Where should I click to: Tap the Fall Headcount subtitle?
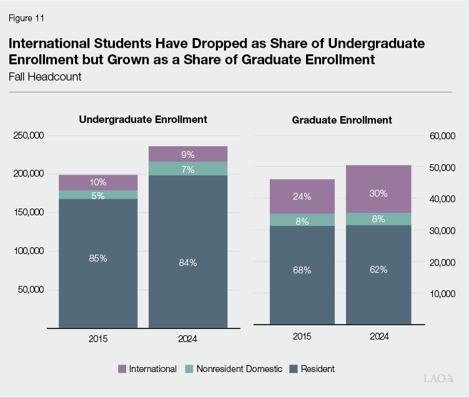[45, 77]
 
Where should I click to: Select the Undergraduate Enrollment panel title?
[143, 119]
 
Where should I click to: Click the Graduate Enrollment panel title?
[342, 120]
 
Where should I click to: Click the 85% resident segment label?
[98, 258]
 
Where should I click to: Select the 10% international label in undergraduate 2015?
[98, 182]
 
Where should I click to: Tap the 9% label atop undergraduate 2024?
[188, 154]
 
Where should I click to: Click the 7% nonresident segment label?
[188, 169]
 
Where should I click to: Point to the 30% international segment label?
[378, 193]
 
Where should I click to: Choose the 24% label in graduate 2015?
[302, 196]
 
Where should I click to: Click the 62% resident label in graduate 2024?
[378, 270]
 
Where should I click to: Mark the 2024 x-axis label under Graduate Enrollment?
[378, 336]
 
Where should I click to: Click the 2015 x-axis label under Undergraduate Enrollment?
[98, 338]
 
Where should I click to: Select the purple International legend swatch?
[122, 369]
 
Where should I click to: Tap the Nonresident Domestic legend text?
[239, 369]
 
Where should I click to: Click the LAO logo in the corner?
[437, 379]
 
